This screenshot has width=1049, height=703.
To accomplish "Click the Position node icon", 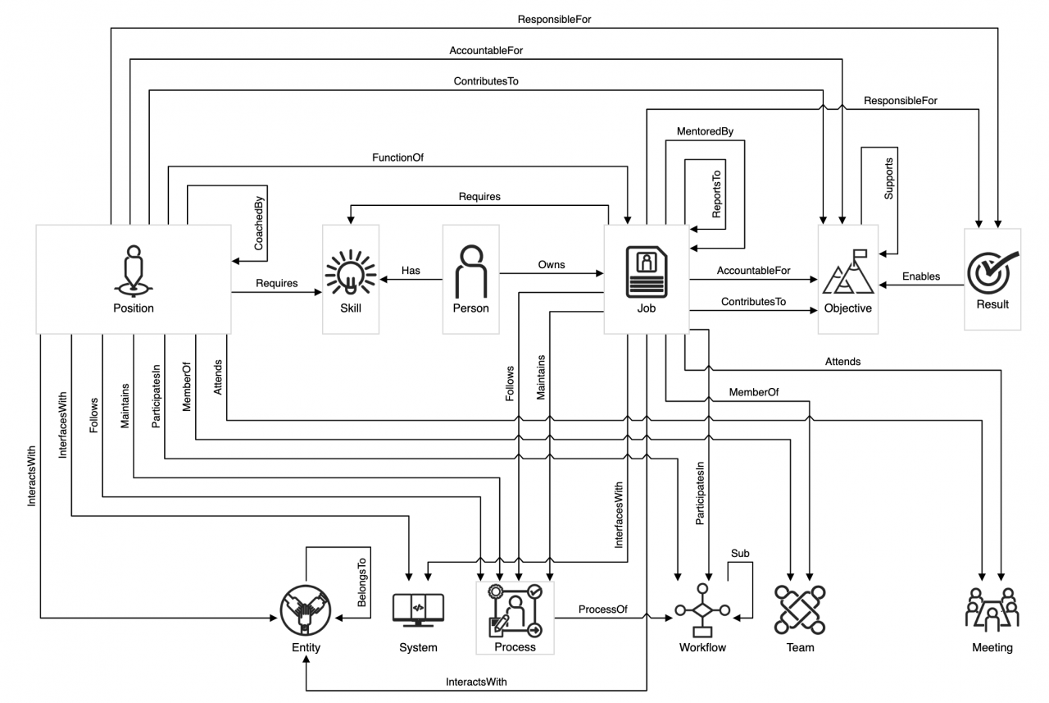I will [x=134, y=272].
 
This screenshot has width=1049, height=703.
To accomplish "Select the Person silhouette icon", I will [x=470, y=272].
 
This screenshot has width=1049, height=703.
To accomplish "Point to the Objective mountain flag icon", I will [x=848, y=274].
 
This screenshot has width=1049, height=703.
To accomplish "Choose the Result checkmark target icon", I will [x=992, y=272].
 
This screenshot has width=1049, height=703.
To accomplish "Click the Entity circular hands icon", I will [x=304, y=609].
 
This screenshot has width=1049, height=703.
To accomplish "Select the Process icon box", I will [x=515, y=611].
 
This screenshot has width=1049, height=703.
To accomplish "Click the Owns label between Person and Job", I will [x=551, y=264].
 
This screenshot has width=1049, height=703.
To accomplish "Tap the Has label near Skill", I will [x=411, y=270].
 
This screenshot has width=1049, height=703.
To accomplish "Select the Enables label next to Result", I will [x=921, y=276].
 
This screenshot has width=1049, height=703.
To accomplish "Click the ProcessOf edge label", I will [x=602, y=609].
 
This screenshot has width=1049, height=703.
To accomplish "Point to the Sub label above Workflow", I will [x=739, y=554].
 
